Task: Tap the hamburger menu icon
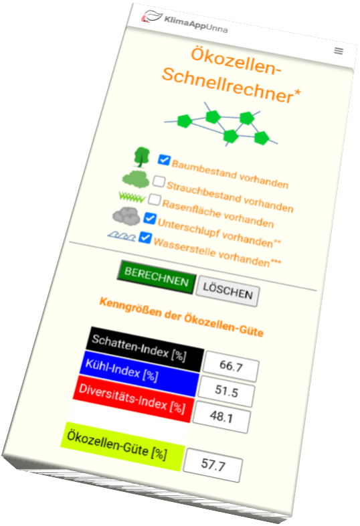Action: point(339,51)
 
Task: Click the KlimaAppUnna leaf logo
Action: point(152,17)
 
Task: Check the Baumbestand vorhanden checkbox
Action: point(164,160)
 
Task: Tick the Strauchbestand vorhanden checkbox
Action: point(159,181)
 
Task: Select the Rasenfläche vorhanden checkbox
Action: point(155,199)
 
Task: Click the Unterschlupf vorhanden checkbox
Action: point(150,218)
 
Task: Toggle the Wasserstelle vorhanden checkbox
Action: point(145,238)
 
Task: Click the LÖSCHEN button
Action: point(228,291)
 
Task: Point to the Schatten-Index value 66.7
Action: point(231,366)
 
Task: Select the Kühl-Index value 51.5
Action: point(226,391)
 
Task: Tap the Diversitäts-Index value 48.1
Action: point(221,417)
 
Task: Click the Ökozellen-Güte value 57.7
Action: point(213,464)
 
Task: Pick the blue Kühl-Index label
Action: point(139,373)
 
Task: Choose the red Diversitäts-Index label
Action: point(132,399)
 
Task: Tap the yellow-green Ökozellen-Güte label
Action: point(122,446)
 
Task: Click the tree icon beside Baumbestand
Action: point(142,157)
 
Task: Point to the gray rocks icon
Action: point(126,216)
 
